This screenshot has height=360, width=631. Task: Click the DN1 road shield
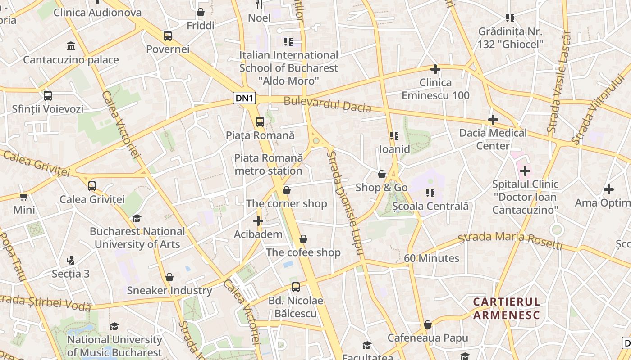click(x=245, y=98)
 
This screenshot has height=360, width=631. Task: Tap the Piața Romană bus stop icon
click(x=260, y=121)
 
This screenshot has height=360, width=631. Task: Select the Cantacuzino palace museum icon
click(x=71, y=46)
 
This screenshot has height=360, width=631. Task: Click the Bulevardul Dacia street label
click(x=327, y=105)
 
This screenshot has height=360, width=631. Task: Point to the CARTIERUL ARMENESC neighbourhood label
click(x=506, y=308)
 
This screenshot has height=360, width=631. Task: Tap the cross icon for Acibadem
click(x=258, y=221)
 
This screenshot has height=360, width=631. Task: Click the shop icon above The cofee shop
click(x=303, y=239)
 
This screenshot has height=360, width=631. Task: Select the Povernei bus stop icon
click(x=168, y=36)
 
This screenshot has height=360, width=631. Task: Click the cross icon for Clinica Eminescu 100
click(x=435, y=69)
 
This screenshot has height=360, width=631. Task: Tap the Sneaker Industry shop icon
click(x=169, y=277)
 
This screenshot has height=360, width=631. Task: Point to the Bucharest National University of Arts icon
click(x=137, y=218)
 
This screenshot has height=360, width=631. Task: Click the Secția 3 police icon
click(x=70, y=260)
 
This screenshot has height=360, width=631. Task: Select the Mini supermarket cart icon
click(x=24, y=197)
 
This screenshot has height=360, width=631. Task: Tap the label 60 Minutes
click(x=431, y=258)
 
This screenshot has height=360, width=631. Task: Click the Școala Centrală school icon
click(x=430, y=193)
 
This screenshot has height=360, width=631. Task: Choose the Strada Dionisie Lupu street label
click(x=345, y=202)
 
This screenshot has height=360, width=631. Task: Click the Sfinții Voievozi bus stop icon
click(x=48, y=96)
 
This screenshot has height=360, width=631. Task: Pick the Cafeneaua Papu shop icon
click(x=428, y=324)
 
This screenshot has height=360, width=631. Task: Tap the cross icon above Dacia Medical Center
click(x=493, y=120)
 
